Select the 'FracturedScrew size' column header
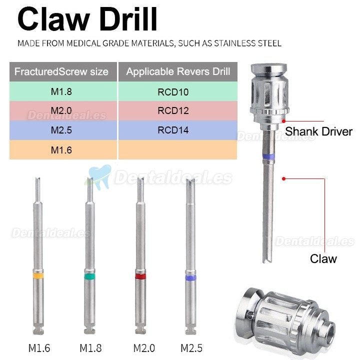click(61, 71)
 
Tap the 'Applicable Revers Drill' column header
click(178, 71)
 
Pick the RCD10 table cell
click(172, 91)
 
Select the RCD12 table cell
click(172, 110)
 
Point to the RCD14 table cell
click(172, 130)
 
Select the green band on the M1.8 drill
click(89, 275)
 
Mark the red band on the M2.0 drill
click(140, 276)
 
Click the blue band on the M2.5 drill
click(190, 277)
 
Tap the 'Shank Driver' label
click(318, 132)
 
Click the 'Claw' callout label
click(323, 258)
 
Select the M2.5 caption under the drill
click(191, 347)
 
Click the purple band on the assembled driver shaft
click(269, 156)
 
